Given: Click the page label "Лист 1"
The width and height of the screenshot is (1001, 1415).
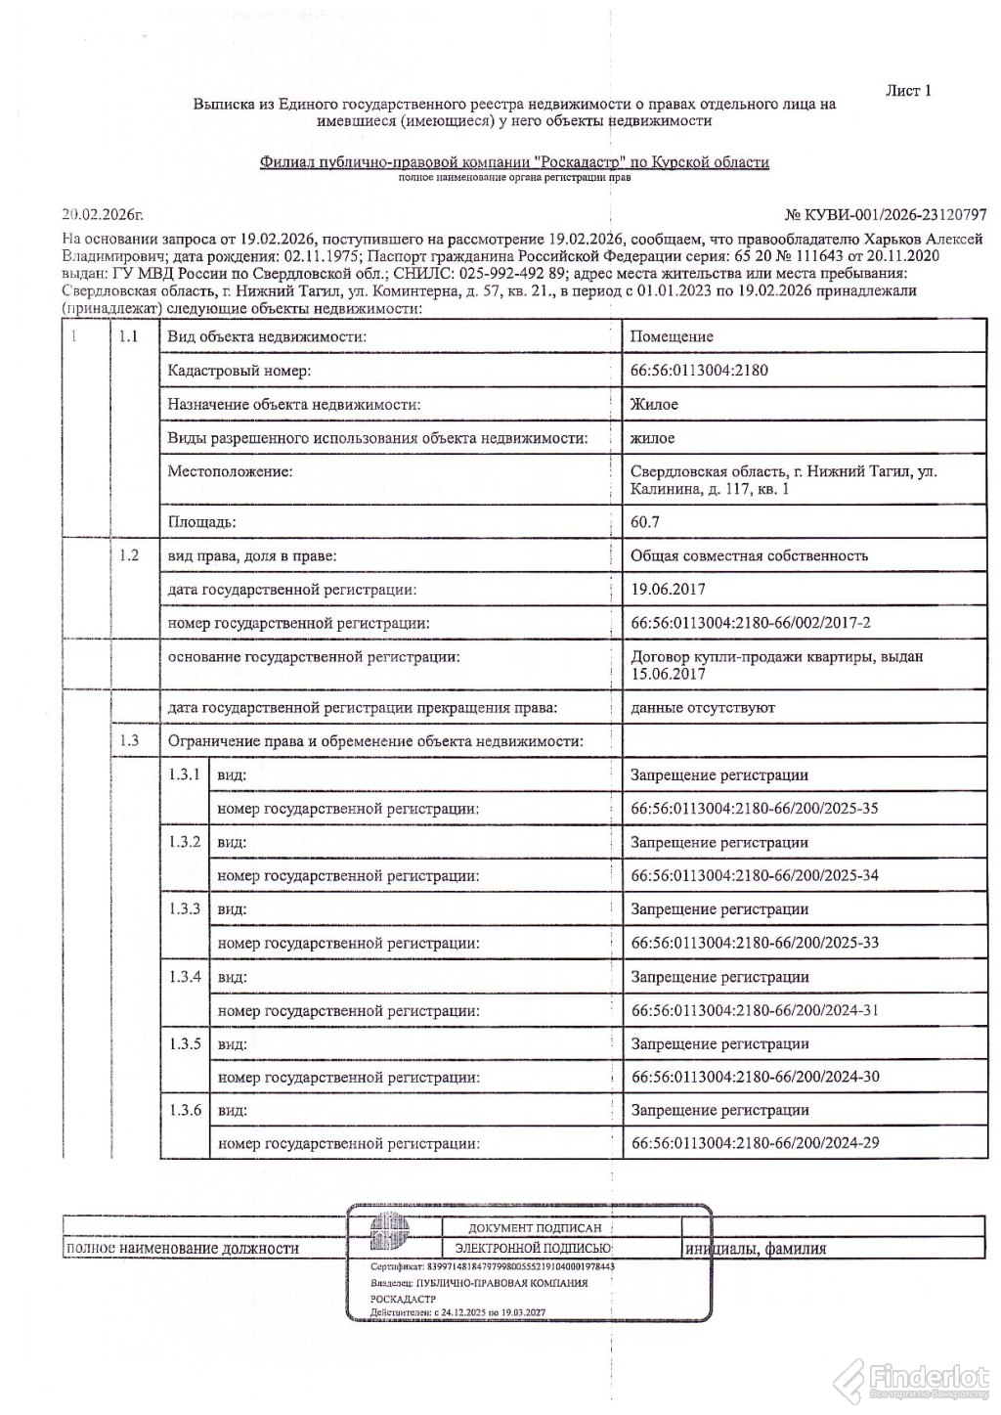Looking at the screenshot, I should click(908, 91).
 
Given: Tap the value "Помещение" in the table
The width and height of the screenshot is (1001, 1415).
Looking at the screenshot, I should click(672, 336).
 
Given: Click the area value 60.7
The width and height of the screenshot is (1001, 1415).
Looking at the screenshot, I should click(645, 522).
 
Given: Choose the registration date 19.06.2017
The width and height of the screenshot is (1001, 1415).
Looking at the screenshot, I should click(669, 590).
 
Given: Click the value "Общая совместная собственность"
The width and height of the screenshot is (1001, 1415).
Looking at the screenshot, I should click(749, 555).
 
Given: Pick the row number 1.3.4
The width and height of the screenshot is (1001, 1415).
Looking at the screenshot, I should click(185, 977).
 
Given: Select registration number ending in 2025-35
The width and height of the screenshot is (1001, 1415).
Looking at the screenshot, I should click(755, 809).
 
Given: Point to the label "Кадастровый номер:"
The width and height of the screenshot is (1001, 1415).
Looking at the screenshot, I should click(238, 371).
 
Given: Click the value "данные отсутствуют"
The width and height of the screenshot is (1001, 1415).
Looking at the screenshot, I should click(703, 707).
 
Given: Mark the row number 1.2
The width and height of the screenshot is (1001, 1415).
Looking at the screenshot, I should click(128, 555).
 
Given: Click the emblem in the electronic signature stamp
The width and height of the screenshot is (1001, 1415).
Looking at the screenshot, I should click(384, 1237).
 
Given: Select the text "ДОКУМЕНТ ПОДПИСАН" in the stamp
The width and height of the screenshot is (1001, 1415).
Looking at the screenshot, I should click(527, 1227).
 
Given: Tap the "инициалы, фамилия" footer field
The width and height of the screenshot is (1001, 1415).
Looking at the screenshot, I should click(756, 1249).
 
